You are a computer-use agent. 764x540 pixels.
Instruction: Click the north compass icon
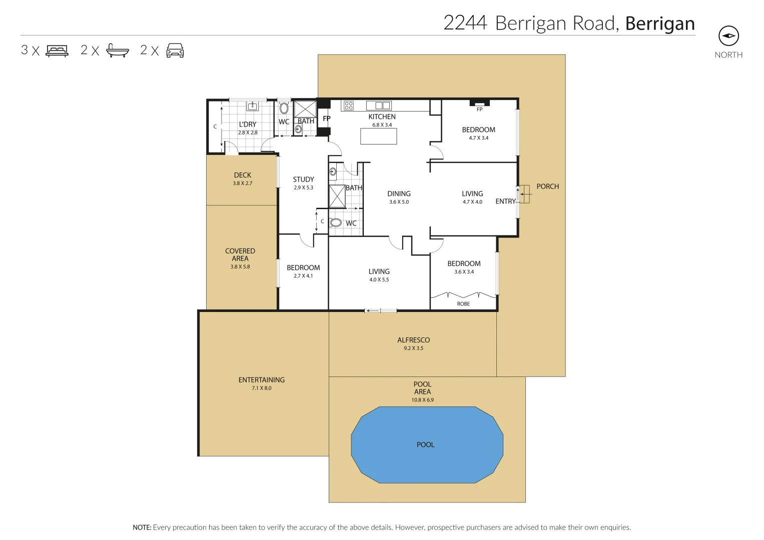pyautogui.click(x=728, y=36)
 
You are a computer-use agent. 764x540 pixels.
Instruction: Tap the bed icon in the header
pyautogui.click(x=57, y=50)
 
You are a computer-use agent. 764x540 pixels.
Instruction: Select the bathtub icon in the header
pyautogui.click(x=118, y=50)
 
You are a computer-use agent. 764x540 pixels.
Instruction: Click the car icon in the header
pyautogui.click(x=175, y=50)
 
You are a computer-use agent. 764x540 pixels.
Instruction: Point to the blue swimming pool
pyautogui.click(x=427, y=444)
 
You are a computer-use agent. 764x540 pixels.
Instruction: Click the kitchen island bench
pyautogui.click(x=379, y=136)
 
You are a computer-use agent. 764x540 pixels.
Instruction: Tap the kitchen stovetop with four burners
pyautogui.click(x=349, y=105)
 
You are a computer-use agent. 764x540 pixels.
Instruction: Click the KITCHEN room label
pyautogui.click(x=382, y=116)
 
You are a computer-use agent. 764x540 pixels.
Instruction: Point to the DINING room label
pyautogui.click(x=399, y=193)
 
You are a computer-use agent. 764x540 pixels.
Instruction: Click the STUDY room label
pyautogui.click(x=303, y=179)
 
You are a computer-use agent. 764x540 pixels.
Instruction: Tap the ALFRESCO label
pyautogui.click(x=413, y=340)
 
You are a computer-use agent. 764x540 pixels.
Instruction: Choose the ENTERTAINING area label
pyautogui.click(x=261, y=380)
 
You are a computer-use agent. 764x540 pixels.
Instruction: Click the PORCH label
pyautogui.click(x=547, y=186)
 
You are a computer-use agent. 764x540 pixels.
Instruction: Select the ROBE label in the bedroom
pyautogui.click(x=463, y=304)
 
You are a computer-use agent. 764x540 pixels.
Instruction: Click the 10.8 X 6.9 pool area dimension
pyautogui.click(x=422, y=400)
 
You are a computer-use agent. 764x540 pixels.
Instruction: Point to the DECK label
pyautogui.click(x=243, y=175)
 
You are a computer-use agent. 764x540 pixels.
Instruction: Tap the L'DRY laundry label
pyautogui.click(x=248, y=124)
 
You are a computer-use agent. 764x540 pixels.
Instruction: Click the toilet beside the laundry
pyautogui.click(x=284, y=108)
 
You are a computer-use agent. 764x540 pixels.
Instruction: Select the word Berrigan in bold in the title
pyautogui.click(x=660, y=23)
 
